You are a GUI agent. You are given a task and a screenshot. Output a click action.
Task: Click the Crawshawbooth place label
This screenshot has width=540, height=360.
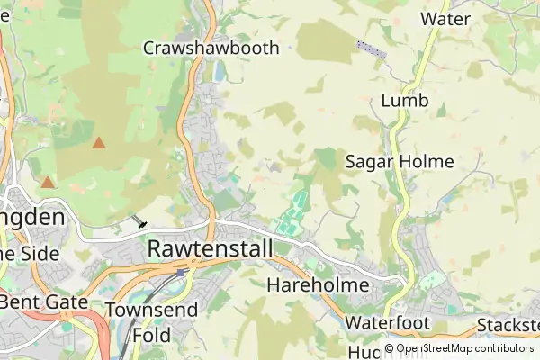tap(211, 49)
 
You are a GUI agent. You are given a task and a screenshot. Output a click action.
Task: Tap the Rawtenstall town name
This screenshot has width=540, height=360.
tap(209, 247)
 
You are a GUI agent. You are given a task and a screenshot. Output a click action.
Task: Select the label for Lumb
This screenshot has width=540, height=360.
tap(402, 101)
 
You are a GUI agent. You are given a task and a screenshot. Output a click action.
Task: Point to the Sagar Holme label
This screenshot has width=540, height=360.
tap(400, 162)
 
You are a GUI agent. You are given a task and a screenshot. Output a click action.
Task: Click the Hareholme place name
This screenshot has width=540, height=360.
tap(319, 285)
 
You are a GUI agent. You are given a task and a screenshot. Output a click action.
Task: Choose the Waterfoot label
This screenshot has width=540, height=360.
tap(389, 322)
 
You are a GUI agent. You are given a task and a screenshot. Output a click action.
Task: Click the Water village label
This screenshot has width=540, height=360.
tap(446, 18)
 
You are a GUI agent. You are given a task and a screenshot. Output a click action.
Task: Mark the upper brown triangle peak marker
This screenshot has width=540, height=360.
tap(99, 142)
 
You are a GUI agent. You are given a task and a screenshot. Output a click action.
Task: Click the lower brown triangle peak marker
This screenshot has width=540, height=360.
tap(47, 183)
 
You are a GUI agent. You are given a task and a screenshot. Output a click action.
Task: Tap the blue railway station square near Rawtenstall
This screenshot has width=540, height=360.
tap(181, 271)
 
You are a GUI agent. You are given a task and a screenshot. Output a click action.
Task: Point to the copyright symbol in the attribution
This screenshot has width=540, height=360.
tap(389, 348)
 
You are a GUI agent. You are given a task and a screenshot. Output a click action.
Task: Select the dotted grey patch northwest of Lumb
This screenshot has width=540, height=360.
tap(371, 49)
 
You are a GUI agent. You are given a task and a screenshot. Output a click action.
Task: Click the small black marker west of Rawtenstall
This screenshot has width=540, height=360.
tap(141, 222)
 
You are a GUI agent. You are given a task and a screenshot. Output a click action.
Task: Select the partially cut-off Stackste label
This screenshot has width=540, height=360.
tap(509, 324)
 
